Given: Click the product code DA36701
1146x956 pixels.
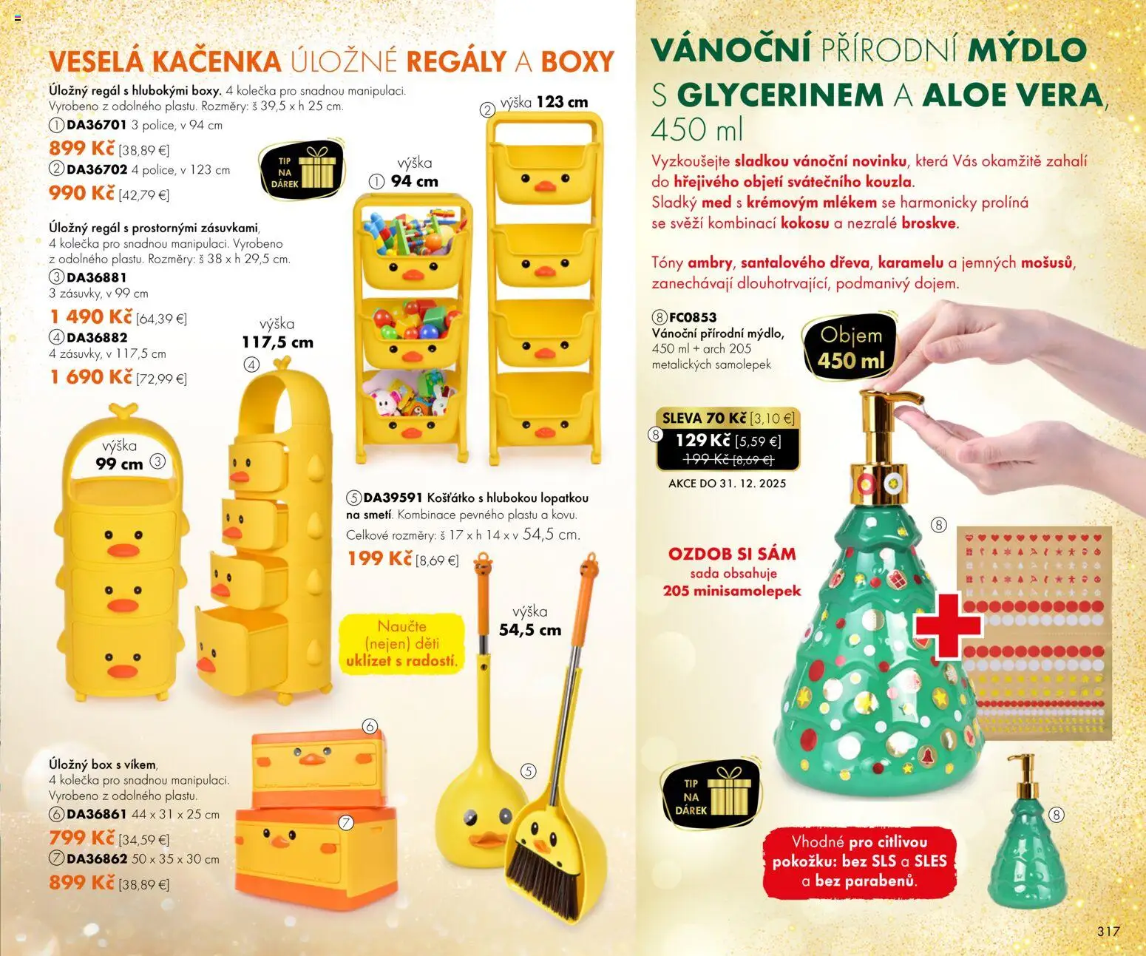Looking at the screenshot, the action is pos(97,125).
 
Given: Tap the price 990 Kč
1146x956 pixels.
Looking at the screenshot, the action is pos(82,193).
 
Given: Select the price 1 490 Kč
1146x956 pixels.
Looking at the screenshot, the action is pos(91,316).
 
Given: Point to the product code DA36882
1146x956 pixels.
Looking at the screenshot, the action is pos(97,337).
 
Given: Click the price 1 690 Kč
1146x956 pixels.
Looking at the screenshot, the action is pos(91,377).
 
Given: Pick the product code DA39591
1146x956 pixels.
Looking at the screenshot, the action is pos(393,498).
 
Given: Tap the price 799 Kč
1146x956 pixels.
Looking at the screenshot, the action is pos(82,838).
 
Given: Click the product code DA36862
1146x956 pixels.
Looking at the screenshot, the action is pos(97,859).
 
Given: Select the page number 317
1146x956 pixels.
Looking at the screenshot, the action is pos(1108,932).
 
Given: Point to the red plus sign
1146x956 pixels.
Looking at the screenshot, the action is pos(948,626).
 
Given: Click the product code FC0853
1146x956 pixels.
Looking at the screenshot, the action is pos(693,317).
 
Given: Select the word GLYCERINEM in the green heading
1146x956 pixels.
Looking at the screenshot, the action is pos(780,95).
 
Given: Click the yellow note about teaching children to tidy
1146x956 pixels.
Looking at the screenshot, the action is pos(401,643).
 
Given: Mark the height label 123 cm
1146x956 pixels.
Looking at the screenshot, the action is pos(562,102).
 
